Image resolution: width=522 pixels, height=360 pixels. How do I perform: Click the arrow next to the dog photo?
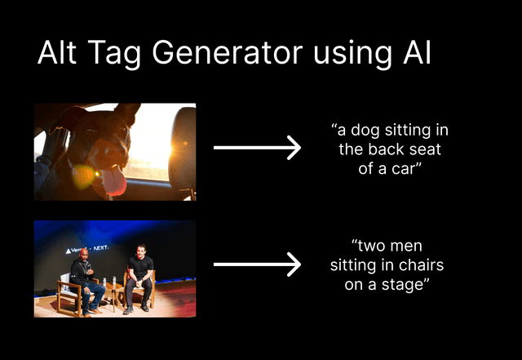pyautogui.click(x=257, y=148)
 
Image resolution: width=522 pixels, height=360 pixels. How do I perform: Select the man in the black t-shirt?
pyautogui.click(x=139, y=278)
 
